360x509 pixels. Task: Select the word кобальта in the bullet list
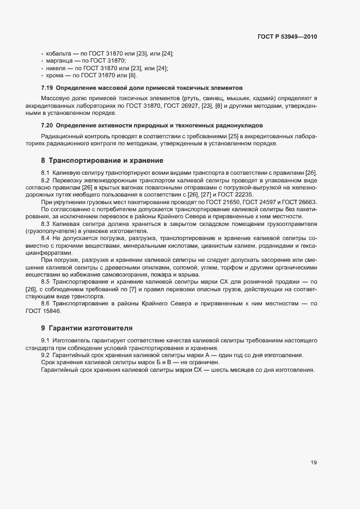pyautogui.click(x=58, y=53)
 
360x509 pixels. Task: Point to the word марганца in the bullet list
pyautogui.click(x=58, y=60)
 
